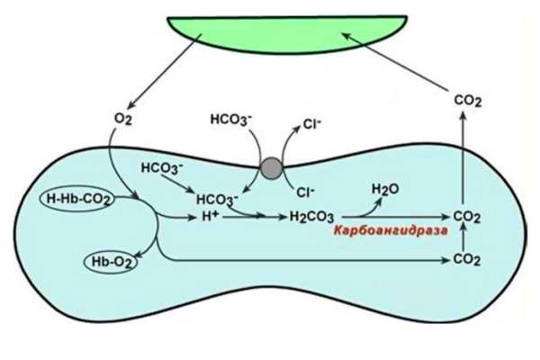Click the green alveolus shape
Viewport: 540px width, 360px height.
pos(288,33)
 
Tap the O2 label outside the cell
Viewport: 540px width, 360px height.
pos(123,119)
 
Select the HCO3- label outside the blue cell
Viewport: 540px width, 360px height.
pos(231,120)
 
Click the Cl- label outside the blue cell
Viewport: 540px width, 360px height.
pos(312,123)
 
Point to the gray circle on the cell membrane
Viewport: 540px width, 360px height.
pos(272,168)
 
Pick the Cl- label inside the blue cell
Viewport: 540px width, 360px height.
pos(305,192)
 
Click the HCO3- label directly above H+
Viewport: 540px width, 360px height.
pos(217,200)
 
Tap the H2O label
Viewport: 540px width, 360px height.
pos(385,189)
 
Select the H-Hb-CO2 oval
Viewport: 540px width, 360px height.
pos(77,199)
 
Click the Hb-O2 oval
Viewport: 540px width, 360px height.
pos(111,263)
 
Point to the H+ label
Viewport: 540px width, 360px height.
pos(211,216)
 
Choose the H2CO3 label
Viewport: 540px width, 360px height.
pos(311,217)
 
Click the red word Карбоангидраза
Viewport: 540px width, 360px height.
pos(391,230)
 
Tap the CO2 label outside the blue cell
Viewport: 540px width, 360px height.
pos(468,101)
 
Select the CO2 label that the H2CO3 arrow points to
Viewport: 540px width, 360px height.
pos(467,217)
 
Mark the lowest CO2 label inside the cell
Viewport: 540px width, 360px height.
pos(467,259)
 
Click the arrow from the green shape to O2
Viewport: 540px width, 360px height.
pos(165,71)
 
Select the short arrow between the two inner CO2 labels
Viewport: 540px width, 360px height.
pos(464,238)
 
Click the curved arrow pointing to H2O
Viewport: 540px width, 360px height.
pos(370,211)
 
